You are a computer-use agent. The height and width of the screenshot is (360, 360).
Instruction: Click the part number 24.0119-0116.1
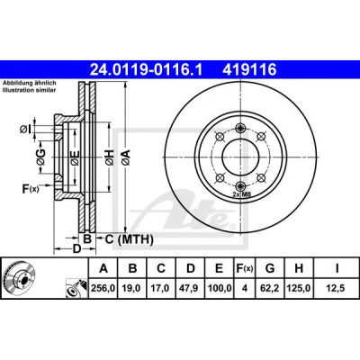[x=147, y=70]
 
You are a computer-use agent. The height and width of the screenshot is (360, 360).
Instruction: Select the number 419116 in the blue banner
[x=249, y=70]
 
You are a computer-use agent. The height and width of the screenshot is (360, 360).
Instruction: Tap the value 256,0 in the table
[x=103, y=288]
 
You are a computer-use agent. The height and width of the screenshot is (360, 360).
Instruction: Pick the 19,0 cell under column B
[x=131, y=288]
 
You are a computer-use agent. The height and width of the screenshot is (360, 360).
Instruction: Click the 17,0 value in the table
[x=160, y=288]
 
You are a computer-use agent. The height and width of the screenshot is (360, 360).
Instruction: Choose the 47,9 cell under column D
[x=190, y=288]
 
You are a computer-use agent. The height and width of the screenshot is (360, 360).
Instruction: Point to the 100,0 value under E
[x=219, y=288]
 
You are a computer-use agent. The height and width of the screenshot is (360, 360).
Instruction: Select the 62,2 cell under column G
[x=270, y=288]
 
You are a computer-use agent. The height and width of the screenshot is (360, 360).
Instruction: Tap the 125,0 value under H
[x=299, y=288]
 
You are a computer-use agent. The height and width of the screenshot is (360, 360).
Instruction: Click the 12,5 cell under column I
[x=337, y=288]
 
